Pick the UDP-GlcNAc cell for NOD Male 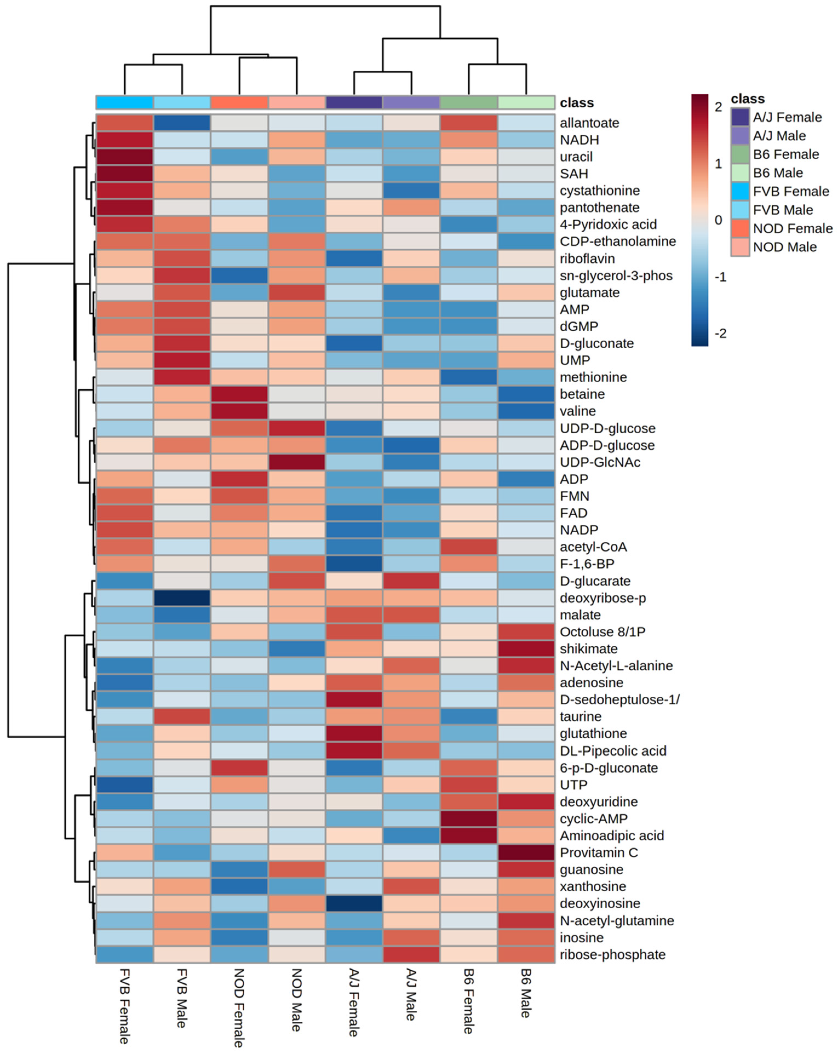[x=297, y=462]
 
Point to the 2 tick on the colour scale [x=718, y=107]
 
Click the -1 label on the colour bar [x=720, y=277]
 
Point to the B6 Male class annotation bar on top [x=526, y=102]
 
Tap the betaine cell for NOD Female [x=239, y=394]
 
